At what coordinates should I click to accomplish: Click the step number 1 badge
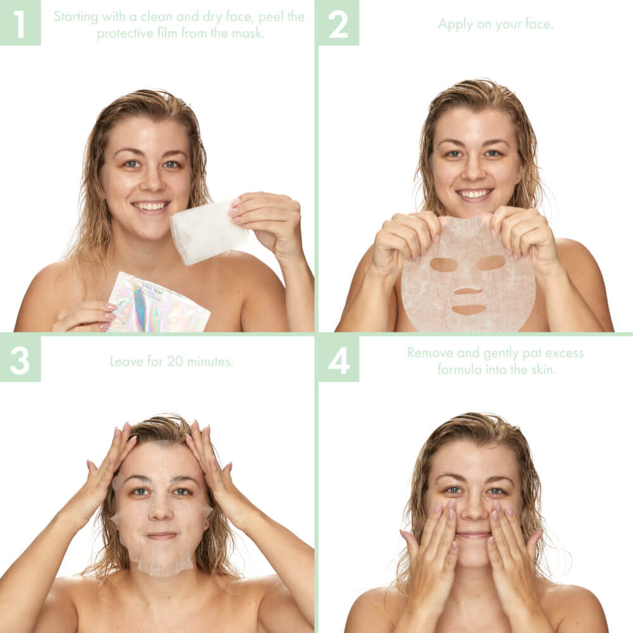(20, 22)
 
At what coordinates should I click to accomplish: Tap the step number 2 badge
(338, 23)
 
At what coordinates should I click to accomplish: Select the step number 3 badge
(20, 359)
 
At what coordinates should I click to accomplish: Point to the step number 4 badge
(338, 359)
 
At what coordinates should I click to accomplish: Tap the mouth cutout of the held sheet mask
(469, 310)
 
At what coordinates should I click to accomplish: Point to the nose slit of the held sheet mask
(468, 291)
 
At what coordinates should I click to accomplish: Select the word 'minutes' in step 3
(211, 361)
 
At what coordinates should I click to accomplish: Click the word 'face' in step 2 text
(540, 24)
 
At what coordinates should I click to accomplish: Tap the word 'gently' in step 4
(498, 353)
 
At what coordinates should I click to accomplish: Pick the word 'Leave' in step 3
(127, 361)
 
